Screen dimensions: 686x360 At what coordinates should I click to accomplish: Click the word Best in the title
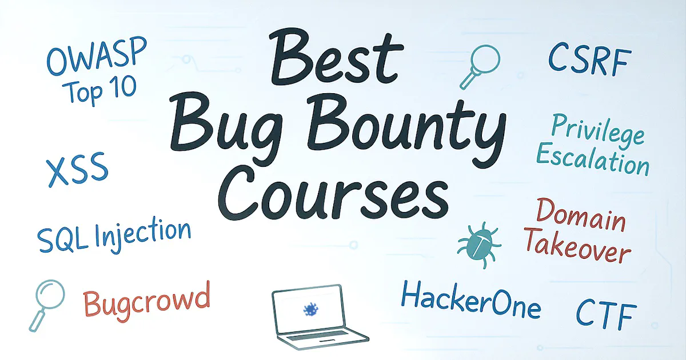tap(336, 59)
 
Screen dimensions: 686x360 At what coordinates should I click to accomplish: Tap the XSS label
tap(77, 169)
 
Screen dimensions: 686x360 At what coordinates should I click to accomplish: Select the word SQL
tap(62, 241)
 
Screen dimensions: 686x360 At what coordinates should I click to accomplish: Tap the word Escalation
tap(593, 161)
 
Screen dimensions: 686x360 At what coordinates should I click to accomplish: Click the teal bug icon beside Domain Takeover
tap(479, 245)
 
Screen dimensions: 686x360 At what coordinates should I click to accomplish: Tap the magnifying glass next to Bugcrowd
tap(47, 305)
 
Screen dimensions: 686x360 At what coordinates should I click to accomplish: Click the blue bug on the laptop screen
tap(311, 310)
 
